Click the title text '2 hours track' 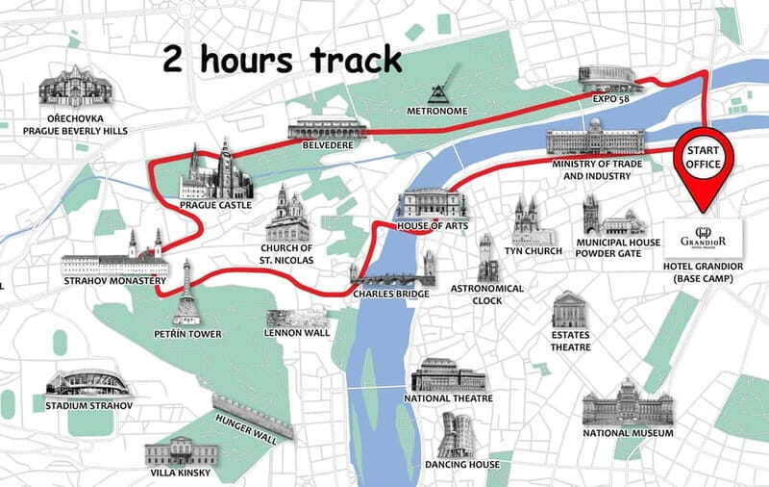tap(281, 60)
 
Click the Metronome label tap(437, 112)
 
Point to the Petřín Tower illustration tap(186, 293)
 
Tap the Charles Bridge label tap(390, 294)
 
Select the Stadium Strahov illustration tap(87, 381)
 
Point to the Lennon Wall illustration tap(296, 318)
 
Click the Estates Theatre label tap(570, 341)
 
